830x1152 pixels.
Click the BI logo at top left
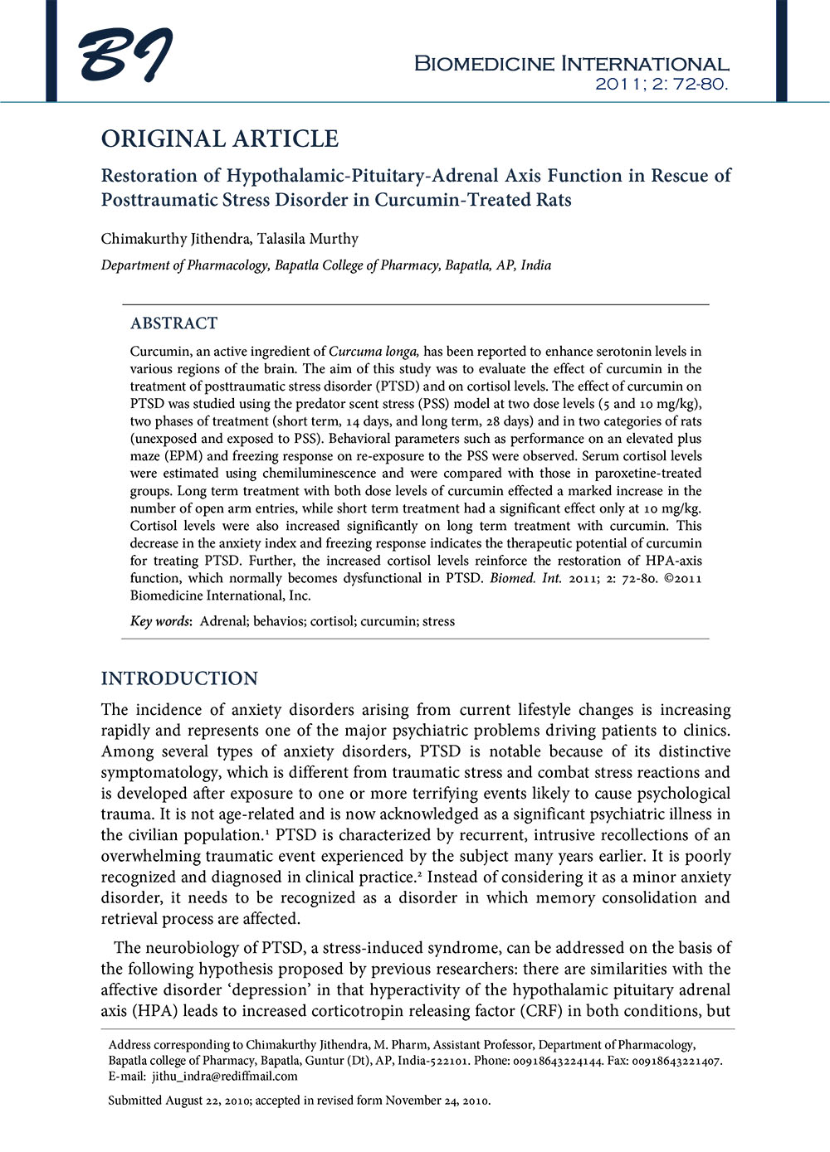click(x=125, y=56)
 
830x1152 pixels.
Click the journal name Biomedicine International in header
click(x=571, y=64)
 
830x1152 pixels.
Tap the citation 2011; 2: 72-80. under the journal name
click(x=662, y=84)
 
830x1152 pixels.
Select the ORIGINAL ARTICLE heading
click(x=220, y=139)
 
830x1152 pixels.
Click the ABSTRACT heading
click(x=173, y=323)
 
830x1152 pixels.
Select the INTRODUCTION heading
click(x=179, y=678)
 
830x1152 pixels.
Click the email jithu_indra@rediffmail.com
click(x=224, y=1077)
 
